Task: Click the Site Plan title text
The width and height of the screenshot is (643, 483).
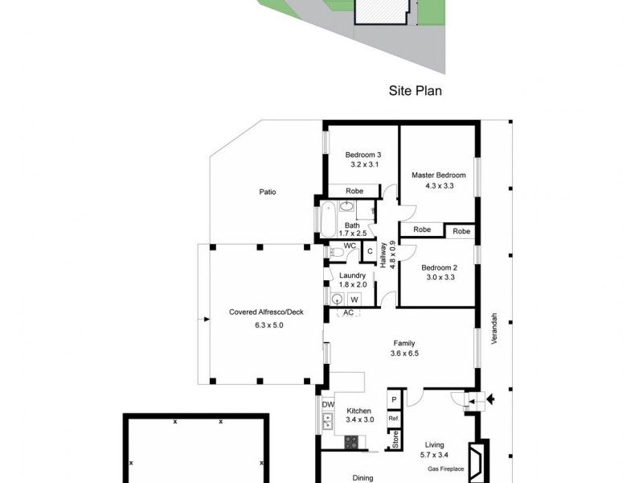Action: point(416,91)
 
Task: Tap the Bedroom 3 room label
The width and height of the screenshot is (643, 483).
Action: point(363,155)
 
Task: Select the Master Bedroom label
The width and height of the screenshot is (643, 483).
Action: point(438,175)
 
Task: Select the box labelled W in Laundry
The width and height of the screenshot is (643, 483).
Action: point(354,299)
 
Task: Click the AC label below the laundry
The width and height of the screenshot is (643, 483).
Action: point(348,312)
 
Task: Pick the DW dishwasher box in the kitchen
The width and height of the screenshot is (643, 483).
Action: point(328,404)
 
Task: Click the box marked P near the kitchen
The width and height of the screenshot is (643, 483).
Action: point(394,400)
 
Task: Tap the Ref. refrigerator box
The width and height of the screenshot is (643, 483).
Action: point(394,419)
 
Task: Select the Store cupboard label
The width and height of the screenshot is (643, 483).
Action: point(395,440)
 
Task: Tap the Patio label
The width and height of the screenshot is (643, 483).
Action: point(268,192)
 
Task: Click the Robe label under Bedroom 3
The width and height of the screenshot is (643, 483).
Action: point(354,191)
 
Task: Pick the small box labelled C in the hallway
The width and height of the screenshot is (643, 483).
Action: point(370,251)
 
